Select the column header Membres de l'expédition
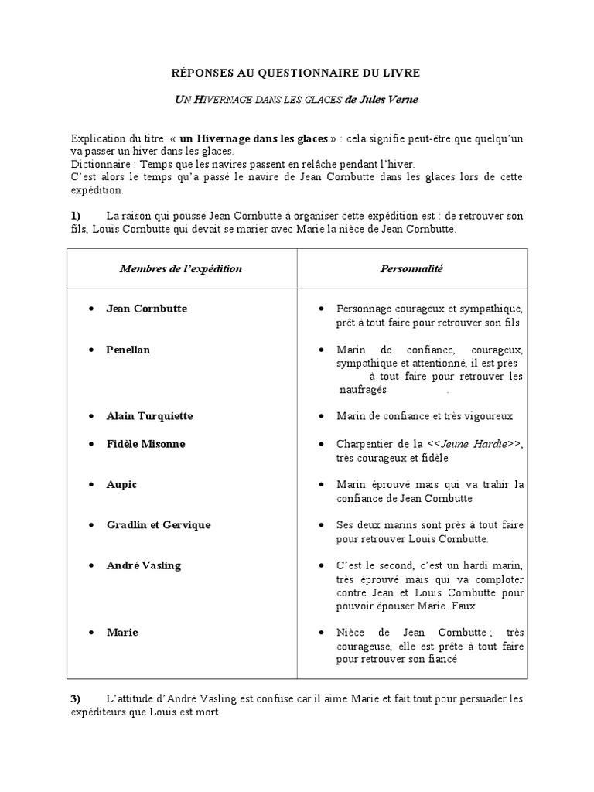[x=181, y=268]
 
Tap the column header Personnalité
[x=411, y=268]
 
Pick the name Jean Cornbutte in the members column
[x=146, y=309]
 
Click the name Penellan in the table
[x=128, y=350]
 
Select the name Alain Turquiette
[x=149, y=416]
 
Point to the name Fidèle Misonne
[x=145, y=444]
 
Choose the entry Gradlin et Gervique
[x=158, y=525]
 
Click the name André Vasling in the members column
[x=143, y=565]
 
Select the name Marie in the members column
[x=122, y=632]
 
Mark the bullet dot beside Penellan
[x=92, y=350]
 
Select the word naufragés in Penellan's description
[x=363, y=390]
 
